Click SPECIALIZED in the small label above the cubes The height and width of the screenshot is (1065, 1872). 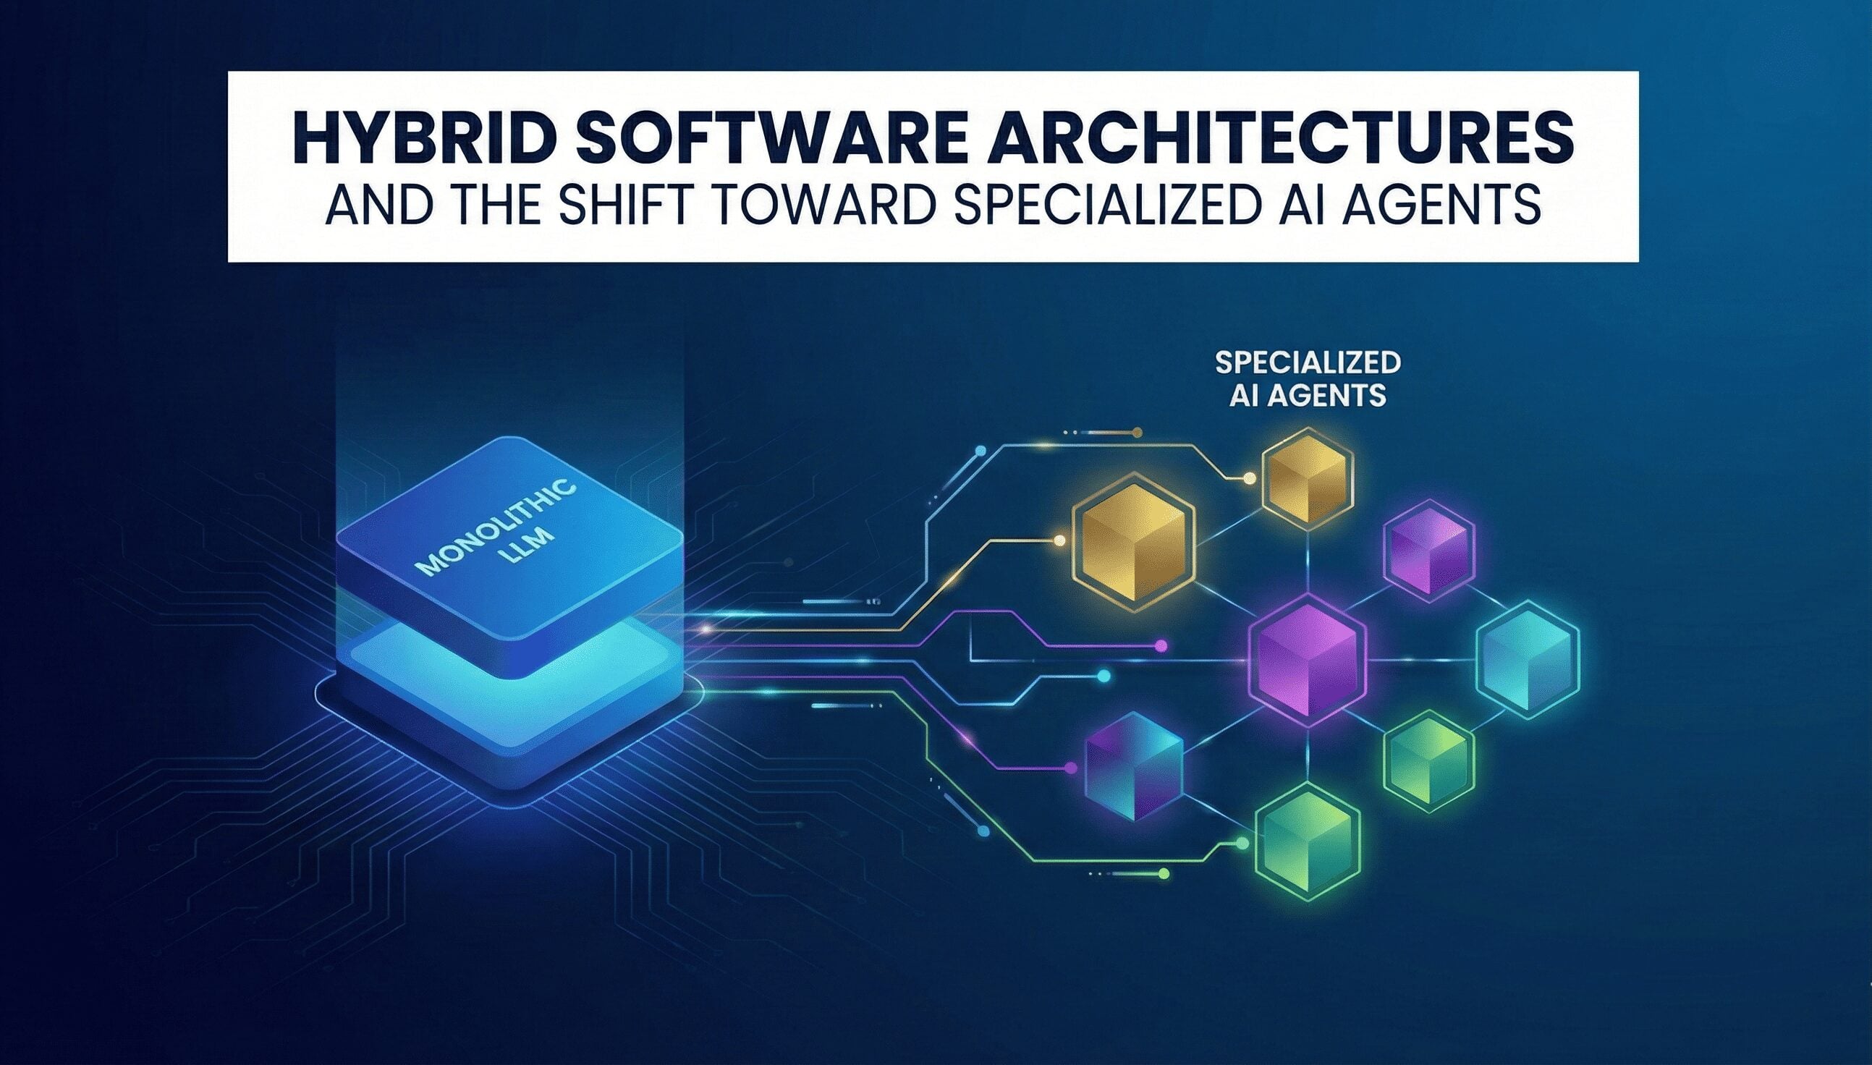click(1308, 362)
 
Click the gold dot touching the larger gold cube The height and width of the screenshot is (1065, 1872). click(1059, 541)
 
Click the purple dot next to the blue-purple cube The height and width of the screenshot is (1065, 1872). click(1072, 768)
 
